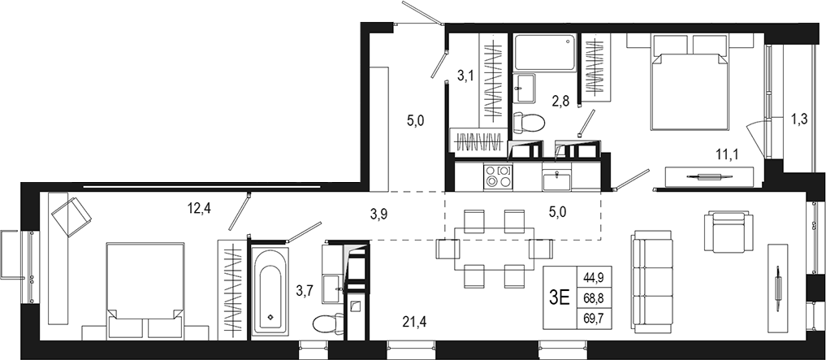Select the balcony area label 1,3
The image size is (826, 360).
pyautogui.click(x=799, y=119)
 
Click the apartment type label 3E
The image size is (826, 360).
pyautogui.click(x=560, y=297)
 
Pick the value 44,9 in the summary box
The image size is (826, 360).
pyautogui.click(x=594, y=276)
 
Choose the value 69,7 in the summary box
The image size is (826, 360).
pyautogui.click(x=594, y=319)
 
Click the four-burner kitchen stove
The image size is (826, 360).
pyautogui.click(x=499, y=176)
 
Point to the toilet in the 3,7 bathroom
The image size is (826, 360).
pyautogui.click(x=327, y=323)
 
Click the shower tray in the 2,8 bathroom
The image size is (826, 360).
pyautogui.click(x=544, y=52)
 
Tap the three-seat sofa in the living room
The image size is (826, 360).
pyautogui.click(x=652, y=281)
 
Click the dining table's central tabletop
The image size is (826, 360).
pyautogui.click(x=494, y=249)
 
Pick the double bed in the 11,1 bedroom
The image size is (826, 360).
pyautogui.click(x=690, y=82)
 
